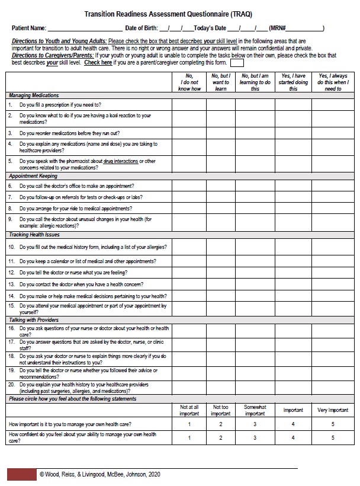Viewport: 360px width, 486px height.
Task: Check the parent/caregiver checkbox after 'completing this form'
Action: [x=237, y=62]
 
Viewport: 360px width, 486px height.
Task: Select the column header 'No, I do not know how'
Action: [x=189, y=82]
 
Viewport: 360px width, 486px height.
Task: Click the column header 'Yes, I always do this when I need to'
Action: [x=333, y=82]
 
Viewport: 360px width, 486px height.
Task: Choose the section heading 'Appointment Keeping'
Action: [x=33, y=176]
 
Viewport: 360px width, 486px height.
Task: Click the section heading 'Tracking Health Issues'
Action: [x=34, y=235]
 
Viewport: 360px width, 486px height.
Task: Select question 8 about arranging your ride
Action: [x=75, y=208]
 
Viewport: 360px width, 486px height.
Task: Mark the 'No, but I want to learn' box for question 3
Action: [x=221, y=133]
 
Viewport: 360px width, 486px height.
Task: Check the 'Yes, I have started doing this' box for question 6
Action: [x=293, y=186]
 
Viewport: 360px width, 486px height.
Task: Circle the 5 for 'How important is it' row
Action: [x=333, y=424]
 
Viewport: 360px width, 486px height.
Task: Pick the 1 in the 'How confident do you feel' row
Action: [x=189, y=437]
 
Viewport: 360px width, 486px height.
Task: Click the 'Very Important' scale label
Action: [x=333, y=410]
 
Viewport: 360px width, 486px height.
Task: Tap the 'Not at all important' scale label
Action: [x=189, y=410]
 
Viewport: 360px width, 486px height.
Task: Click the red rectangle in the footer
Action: [x=21, y=474]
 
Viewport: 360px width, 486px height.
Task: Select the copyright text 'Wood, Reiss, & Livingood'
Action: [x=77, y=474]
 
